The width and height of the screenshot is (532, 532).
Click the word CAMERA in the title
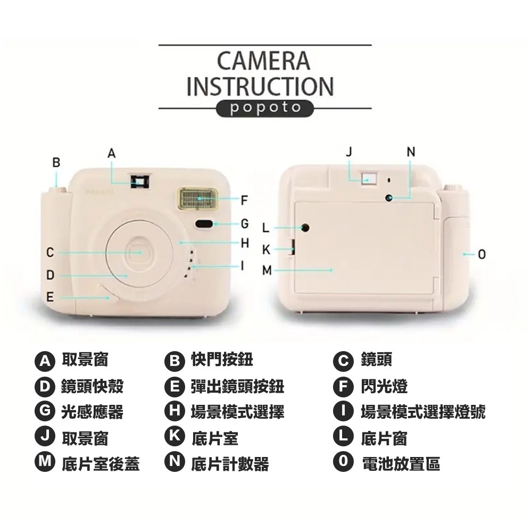[263, 61]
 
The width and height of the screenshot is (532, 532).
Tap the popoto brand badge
[265, 108]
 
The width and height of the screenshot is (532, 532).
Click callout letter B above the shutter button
[56, 162]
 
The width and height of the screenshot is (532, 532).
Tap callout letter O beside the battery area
[482, 254]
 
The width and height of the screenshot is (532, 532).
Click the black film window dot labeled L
[305, 228]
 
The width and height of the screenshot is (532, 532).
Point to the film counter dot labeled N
[389, 198]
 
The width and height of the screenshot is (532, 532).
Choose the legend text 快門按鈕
[222, 359]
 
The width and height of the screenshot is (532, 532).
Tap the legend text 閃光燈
[385, 386]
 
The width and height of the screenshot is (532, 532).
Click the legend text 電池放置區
[401, 463]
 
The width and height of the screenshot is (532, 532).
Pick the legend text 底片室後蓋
[101, 464]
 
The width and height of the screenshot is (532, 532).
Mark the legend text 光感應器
[92, 412]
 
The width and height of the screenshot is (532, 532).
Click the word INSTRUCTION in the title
[261, 86]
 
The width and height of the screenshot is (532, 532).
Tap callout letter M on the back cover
[267, 270]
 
